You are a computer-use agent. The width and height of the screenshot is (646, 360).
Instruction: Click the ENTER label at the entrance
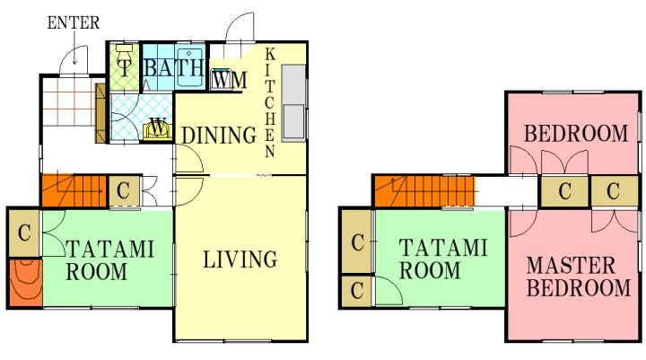click(x=74, y=22)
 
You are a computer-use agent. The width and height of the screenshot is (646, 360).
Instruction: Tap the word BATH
click(x=173, y=67)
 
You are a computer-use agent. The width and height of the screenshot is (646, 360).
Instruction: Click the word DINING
click(x=219, y=136)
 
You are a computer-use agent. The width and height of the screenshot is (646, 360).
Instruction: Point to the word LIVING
click(x=240, y=259)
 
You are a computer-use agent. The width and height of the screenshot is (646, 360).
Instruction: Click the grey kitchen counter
click(x=293, y=103)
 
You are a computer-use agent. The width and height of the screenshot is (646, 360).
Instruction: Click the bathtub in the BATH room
click(x=189, y=67)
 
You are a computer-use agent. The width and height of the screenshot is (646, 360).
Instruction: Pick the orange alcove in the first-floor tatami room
click(x=25, y=283)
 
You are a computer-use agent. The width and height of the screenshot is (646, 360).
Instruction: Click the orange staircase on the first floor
click(x=74, y=190)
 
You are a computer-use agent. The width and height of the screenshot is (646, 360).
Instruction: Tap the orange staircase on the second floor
click(x=424, y=191)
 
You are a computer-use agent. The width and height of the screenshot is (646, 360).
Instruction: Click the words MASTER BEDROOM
click(x=579, y=277)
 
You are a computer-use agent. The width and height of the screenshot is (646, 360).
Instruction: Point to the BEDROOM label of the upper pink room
click(x=576, y=134)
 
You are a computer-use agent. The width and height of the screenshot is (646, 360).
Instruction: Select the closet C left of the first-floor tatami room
click(x=24, y=233)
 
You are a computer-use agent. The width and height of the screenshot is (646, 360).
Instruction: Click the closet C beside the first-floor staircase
click(x=124, y=190)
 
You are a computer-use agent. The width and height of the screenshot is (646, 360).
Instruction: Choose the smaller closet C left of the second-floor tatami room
click(x=357, y=291)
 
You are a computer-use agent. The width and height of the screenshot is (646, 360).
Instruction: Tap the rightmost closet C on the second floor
click(x=614, y=191)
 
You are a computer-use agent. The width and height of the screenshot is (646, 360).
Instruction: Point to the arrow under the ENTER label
click(x=74, y=48)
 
